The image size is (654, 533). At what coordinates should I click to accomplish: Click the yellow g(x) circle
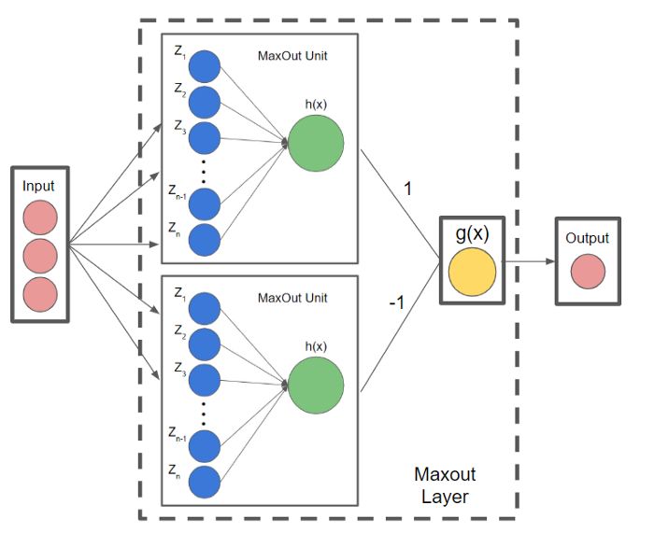[x=471, y=271]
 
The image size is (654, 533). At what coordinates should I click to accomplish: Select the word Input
[x=40, y=187]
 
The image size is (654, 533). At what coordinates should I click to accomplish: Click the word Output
[x=587, y=238]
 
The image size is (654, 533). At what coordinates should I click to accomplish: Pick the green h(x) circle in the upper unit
[x=316, y=143]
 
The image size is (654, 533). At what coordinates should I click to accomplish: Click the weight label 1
[x=406, y=189]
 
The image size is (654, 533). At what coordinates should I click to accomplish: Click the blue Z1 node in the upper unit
[x=205, y=67]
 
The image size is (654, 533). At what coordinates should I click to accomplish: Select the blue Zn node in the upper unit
[x=205, y=240]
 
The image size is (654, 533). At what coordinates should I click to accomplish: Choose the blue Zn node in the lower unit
[x=205, y=482]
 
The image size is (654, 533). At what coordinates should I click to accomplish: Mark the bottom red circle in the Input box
[x=40, y=290]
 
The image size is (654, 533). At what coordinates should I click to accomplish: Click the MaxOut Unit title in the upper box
[x=291, y=56]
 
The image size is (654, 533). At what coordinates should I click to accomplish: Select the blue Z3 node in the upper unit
[x=205, y=137]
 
